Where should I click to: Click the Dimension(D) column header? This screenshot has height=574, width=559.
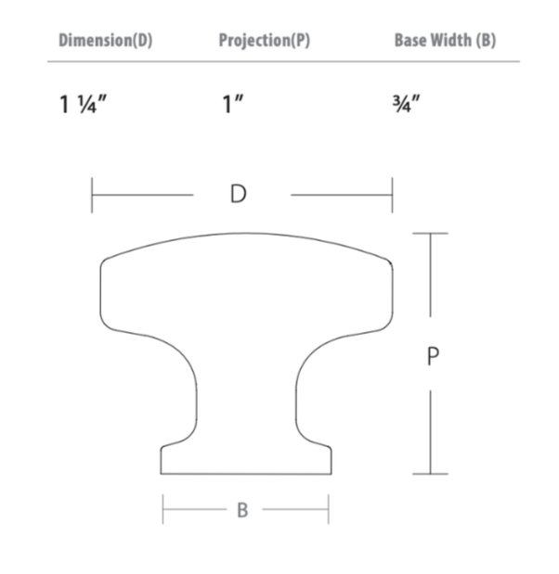click(x=105, y=40)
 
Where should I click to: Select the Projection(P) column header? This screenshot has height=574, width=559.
click(x=265, y=40)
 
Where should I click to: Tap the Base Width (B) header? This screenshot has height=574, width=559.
click(x=445, y=40)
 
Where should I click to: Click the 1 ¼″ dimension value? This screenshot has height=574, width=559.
click(x=83, y=105)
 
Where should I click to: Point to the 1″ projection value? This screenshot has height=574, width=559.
click(x=233, y=105)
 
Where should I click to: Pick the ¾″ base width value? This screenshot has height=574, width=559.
click(x=406, y=104)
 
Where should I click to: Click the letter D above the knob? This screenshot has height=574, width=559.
click(x=239, y=194)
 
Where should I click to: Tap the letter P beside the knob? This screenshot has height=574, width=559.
click(x=433, y=356)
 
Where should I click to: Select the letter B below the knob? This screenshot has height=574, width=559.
click(x=242, y=510)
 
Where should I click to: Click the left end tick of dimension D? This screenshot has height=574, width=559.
click(x=92, y=195)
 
